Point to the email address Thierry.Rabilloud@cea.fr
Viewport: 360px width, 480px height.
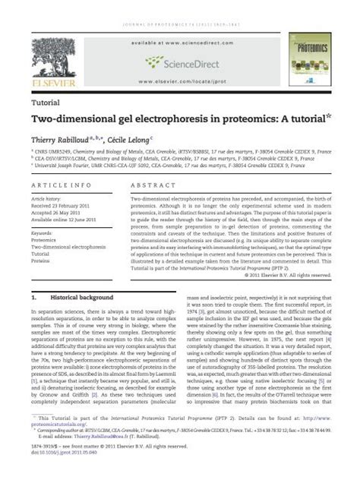[x=98, y=458]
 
